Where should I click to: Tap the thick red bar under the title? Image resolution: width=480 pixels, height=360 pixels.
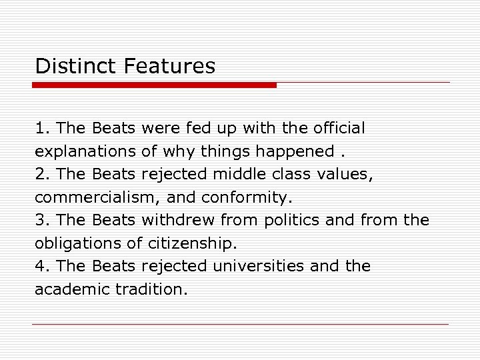pos(154,85)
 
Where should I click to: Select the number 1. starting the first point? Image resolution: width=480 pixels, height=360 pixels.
pos(43,127)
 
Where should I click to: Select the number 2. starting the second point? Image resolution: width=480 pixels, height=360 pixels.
pos(43,174)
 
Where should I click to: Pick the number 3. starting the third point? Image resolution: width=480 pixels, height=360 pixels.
pos(43,220)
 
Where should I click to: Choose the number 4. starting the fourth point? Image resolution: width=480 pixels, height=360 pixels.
pos(43,267)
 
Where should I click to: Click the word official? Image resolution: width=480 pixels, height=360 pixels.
pos(339,127)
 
